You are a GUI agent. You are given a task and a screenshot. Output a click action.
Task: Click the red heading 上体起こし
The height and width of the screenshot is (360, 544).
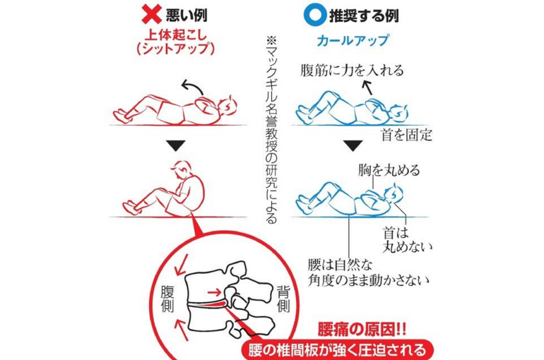176,35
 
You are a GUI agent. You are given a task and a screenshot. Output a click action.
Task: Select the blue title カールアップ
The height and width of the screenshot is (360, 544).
353,40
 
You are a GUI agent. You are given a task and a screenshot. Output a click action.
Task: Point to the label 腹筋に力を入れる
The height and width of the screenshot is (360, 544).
352,71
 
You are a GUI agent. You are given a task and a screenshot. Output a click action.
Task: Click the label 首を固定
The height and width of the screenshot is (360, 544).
406,135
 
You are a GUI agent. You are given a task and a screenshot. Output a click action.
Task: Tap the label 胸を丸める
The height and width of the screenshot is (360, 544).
389,170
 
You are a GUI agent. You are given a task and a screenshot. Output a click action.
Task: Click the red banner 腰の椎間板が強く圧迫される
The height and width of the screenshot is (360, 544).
337,350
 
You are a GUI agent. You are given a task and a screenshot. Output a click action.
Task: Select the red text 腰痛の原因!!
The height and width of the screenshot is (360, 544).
362,330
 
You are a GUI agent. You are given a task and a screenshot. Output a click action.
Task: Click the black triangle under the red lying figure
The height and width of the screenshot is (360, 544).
176,145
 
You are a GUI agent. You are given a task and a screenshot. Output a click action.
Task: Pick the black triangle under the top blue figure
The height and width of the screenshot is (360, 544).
353,145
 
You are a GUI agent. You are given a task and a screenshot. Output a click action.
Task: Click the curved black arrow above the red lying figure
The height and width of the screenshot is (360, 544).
192,84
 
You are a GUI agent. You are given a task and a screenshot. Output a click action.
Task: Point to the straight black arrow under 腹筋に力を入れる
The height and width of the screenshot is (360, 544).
367,87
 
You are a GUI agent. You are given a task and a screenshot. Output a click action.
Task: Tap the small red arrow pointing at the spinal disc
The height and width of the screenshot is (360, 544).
214,292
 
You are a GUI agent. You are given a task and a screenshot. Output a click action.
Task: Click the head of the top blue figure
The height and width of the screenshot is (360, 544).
398,113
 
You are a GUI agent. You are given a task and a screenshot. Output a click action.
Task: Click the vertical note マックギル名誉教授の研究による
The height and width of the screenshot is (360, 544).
272,130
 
